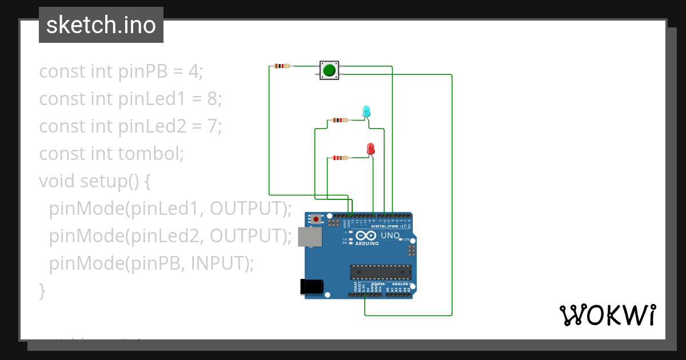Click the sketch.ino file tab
pos(101,25)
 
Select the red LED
pos(370,149)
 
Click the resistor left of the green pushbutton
pos(282,66)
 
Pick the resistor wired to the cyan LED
pos(340,120)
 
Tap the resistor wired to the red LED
pos(340,158)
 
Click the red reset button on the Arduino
pos(316,219)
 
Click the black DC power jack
pos(312,286)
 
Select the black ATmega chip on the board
pos(380,273)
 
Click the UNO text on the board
pos(390,235)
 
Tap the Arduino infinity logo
pos(366,235)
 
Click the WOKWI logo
pos(607,315)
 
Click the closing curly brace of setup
pos(42,290)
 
